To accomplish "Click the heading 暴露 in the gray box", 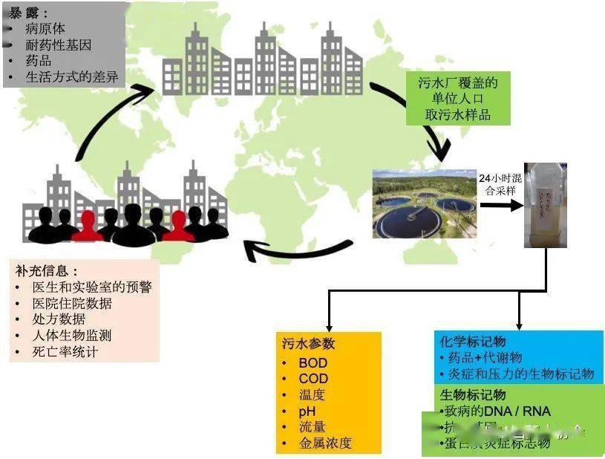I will (25, 13).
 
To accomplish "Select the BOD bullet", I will (313, 363).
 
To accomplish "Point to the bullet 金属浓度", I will (324, 443).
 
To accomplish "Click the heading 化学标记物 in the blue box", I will (473, 341).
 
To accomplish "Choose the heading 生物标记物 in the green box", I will (473, 394).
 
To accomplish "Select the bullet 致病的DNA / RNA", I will (498, 411).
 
